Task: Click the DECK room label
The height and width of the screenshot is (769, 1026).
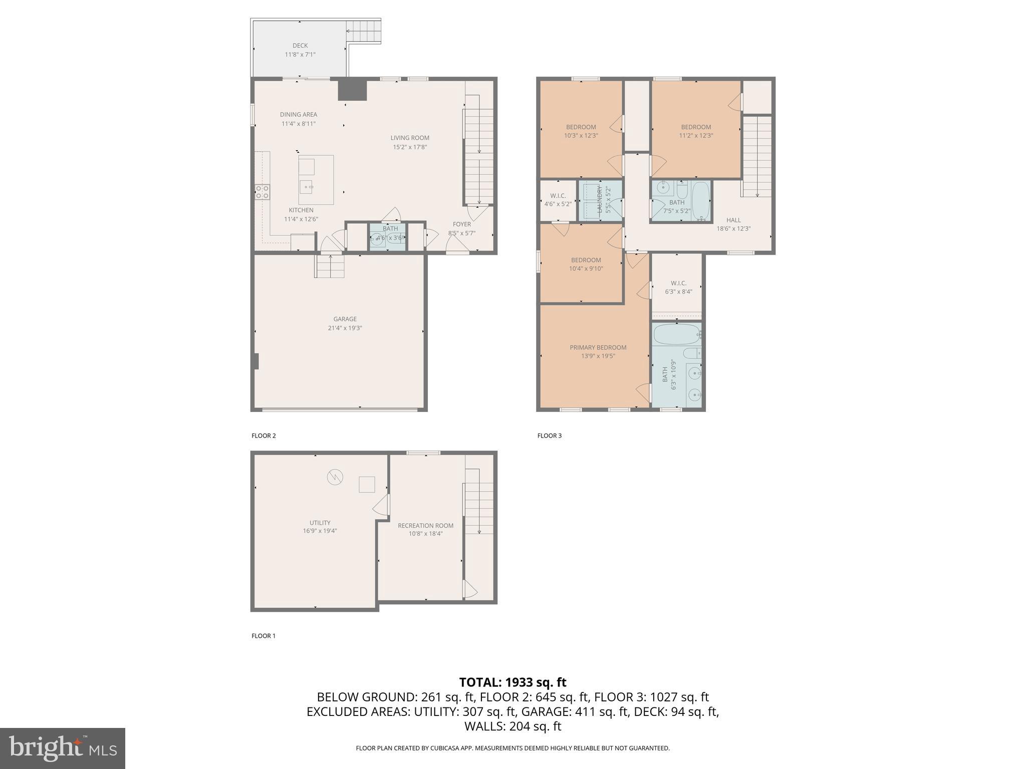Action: click(x=300, y=46)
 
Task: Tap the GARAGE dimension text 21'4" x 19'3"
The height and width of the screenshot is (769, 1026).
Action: click(x=345, y=328)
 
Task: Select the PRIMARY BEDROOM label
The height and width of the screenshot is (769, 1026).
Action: click(x=598, y=347)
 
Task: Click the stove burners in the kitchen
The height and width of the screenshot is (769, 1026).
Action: click(x=262, y=191)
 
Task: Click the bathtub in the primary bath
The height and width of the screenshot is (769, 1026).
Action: click(x=676, y=334)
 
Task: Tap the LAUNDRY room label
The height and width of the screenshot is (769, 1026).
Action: click(x=600, y=199)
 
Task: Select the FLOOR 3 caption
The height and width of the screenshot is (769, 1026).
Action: click(x=549, y=436)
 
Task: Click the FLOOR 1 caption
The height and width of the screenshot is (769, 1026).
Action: click(x=264, y=636)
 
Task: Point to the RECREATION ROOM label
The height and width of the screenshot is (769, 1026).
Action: click(x=425, y=526)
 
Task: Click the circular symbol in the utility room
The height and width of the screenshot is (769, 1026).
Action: click(x=335, y=477)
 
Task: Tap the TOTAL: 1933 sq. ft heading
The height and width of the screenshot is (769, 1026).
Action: click(x=512, y=682)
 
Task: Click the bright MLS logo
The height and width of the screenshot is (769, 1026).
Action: click(x=63, y=748)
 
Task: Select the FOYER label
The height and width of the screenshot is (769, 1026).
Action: click(x=461, y=224)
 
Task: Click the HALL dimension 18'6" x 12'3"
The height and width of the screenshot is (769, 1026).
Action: click(x=733, y=229)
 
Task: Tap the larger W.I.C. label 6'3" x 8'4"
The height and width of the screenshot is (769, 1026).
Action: click(x=678, y=283)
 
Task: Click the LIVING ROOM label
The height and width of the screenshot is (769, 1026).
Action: click(x=410, y=138)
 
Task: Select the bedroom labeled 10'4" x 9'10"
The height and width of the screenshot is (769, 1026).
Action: click(x=586, y=260)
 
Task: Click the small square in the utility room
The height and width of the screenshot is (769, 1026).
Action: click(x=367, y=485)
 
